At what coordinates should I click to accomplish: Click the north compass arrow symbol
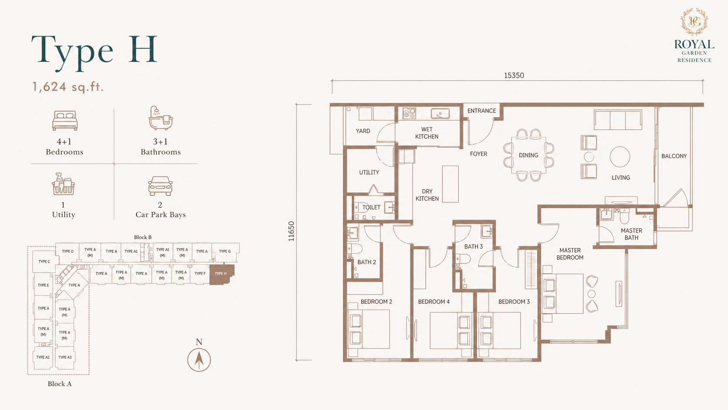pyautogui.click(x=199, y=360)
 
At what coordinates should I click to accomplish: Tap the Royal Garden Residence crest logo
pyautogui.click(x=694, y=21)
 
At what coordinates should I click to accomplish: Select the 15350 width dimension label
pyautogui.click(x=514, y=75)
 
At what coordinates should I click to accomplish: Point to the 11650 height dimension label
pyautogui.click(x=291, y=231)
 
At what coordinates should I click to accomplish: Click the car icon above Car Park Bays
pyautogui.click(x=160, y=186)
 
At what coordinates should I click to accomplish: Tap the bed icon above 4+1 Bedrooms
pyautogui.click(x=65, y=120)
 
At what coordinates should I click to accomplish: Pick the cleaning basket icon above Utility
pyautogui.click(x=64, y=184)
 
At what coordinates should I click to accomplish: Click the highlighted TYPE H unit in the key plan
pyautogui.click(x=222, y=274)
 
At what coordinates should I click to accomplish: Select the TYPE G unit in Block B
pyautogui.click(x=225, y=252)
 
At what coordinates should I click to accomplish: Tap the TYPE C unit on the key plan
pyautogui.click(x=44, y=261)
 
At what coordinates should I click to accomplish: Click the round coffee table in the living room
pyautogui.click(x=620, y=156)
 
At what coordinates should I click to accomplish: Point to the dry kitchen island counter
pyautogui.click(x=450, y=184)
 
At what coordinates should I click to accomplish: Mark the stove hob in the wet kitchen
pyautogui.click(x=409, y=113)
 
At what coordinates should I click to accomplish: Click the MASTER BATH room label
pyautogui.click(x=631, y=234)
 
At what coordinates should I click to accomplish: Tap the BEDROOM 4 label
pyautogui.click(x=434, y=302)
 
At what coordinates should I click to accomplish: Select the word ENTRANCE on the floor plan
pyautogui.click(x=481, y=111)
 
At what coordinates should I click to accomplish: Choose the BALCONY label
pyautogui.click(x=674, y=156)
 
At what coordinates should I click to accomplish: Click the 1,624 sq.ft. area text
pyautogui.click(x=68, y=87)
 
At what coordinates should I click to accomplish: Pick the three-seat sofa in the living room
pyautogui.click(x=618, y=120)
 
